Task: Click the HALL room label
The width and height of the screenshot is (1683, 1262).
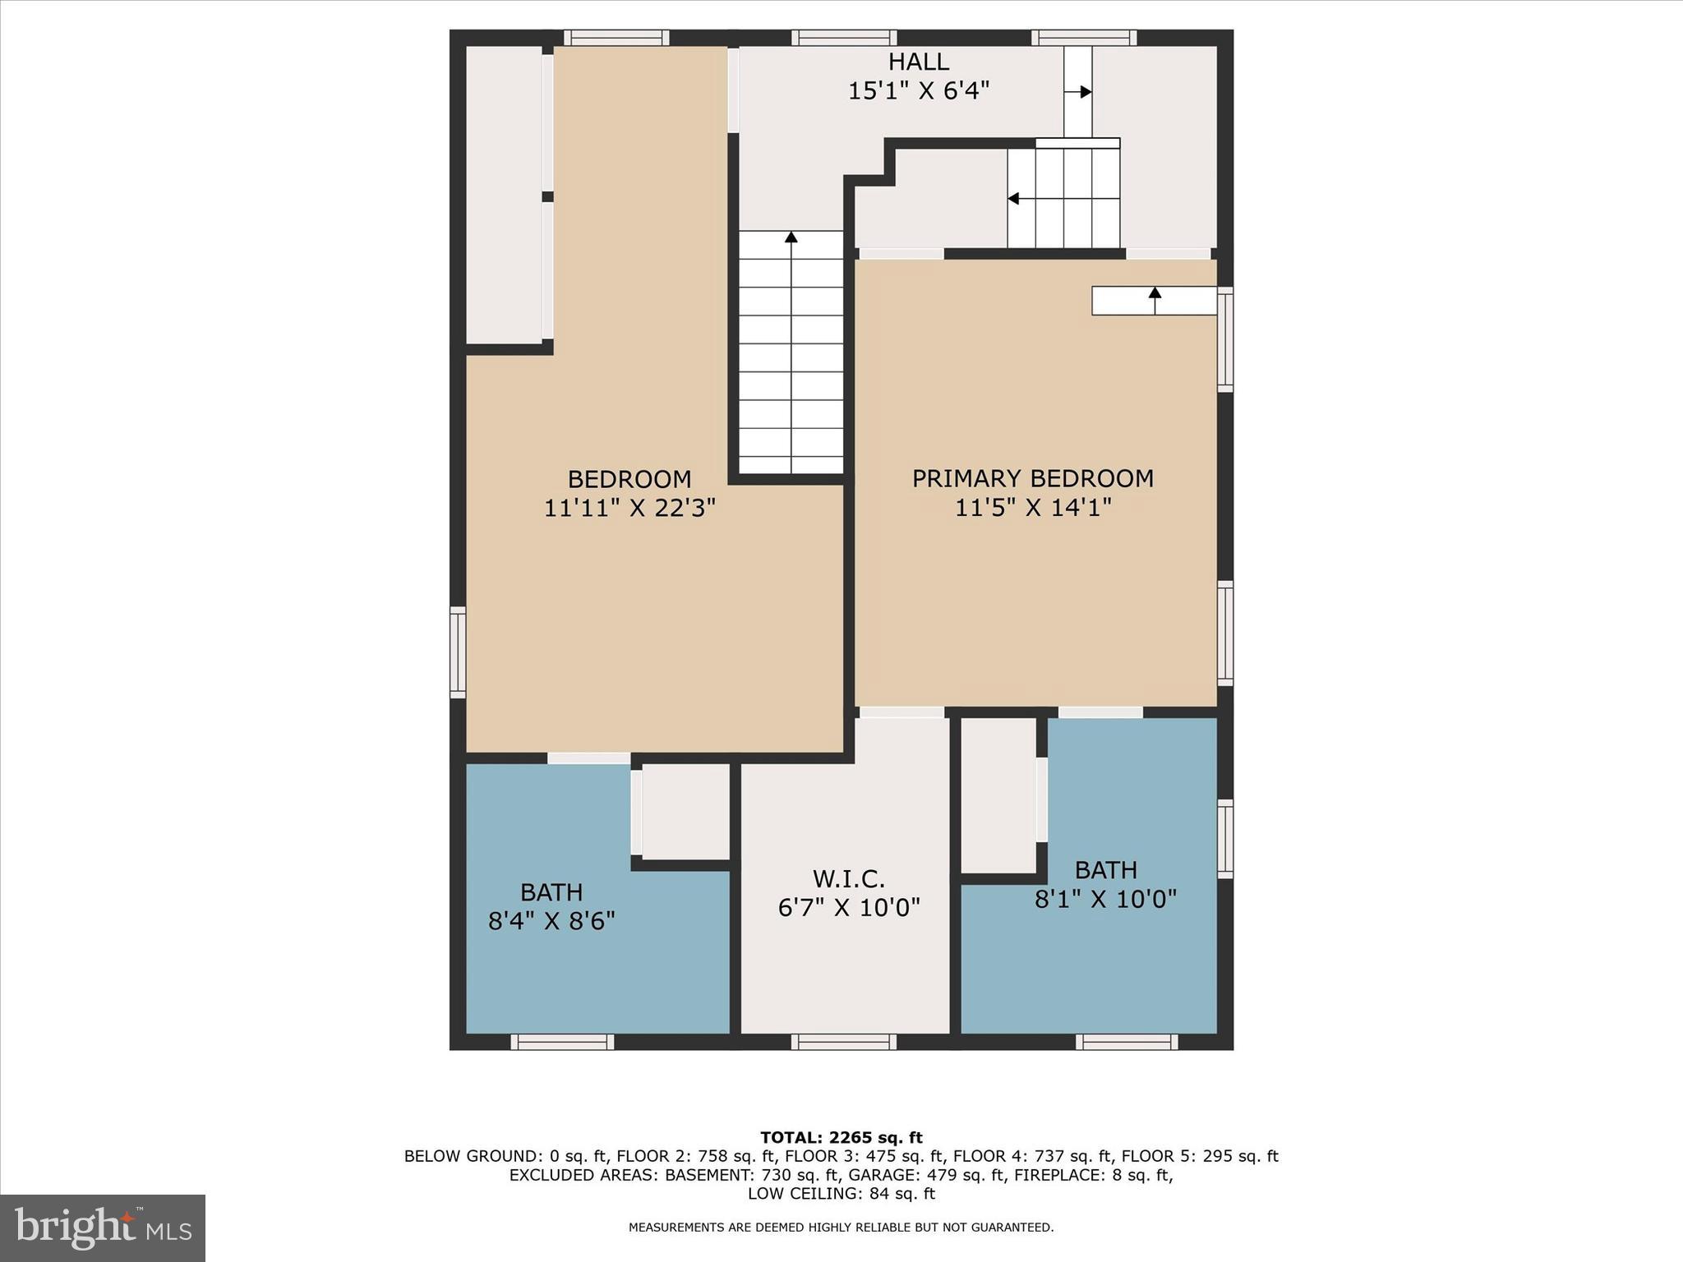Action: point(918,62)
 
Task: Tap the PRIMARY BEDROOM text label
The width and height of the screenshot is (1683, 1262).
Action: point(1032,478)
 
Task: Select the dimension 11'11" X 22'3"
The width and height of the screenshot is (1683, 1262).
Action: point(629,508)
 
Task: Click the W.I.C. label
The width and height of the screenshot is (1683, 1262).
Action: point(848,879)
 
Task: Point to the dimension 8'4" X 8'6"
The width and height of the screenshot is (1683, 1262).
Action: point(551,921)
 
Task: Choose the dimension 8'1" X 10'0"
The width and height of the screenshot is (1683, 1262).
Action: point(1105,899)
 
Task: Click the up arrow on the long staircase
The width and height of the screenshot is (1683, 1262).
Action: point(791,237)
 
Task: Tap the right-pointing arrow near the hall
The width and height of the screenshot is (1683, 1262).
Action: point(1085,92)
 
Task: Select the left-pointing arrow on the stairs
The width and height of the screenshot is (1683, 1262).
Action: point(1014,198)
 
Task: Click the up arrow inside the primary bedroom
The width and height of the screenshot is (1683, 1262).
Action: point(1155,292)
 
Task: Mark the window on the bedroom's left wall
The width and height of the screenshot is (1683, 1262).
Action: point(458,652)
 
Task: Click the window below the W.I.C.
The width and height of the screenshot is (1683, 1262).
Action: point(844,1042)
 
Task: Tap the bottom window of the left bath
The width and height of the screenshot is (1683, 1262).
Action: point(562,1042)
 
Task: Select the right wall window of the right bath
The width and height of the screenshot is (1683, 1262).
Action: point(1224,838)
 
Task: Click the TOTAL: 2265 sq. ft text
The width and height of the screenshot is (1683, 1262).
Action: point(841,1138)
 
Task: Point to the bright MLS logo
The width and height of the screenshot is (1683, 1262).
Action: point(103,1228)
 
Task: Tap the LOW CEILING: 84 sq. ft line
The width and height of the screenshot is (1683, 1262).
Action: point(841,1194)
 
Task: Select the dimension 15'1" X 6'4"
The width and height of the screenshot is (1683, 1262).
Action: point(918,90)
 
